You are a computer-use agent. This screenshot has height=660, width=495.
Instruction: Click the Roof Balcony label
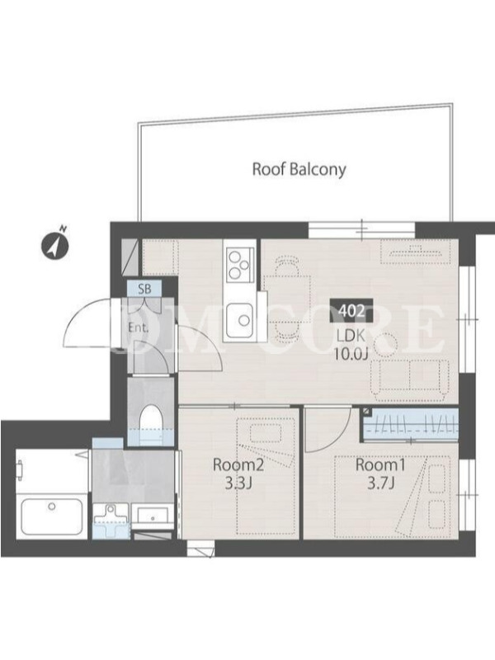(299, 169)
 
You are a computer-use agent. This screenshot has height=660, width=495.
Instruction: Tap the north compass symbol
(54, 245)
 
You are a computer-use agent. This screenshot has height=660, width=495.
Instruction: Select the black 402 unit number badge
(351, 311)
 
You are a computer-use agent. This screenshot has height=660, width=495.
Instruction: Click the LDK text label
(351, 336)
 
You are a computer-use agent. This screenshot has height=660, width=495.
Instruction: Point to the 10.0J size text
(351, 355)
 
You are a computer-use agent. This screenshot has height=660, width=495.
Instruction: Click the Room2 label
(238, 464)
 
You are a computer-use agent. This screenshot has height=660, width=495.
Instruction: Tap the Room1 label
(380, 464)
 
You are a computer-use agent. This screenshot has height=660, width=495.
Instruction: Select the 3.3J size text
(238, 483)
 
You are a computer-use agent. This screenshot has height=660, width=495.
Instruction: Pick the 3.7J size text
(380, 483)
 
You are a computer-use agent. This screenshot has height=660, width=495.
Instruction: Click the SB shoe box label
(144, 289)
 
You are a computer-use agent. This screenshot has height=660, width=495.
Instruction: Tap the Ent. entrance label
(139, 328)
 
